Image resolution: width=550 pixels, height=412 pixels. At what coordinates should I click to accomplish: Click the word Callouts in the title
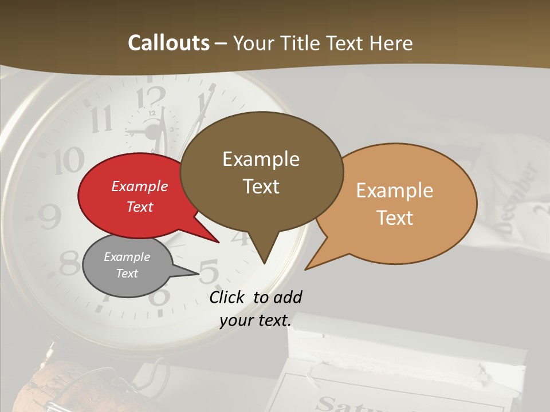pyautogui.click(x=168, y=43)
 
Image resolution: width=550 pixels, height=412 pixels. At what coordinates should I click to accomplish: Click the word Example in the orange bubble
pyautogui.click(x=395, y=191)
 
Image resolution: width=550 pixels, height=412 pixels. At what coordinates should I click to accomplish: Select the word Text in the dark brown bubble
pyautogui.click(x=261, y=187)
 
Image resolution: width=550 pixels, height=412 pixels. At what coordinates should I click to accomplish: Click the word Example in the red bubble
pyautogui.click(x=139, y=186)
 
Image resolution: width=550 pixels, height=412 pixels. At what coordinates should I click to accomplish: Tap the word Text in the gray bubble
pyautogui.click(x=127, y=274)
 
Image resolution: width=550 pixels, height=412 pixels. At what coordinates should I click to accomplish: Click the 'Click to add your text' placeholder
pyautogui.click(x=256, y=309)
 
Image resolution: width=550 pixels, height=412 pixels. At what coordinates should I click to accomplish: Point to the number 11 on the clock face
pyautogui.click(x=101, y=119)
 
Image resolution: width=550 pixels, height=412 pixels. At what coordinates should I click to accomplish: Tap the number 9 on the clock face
pyautogui.click(x=50, y=216)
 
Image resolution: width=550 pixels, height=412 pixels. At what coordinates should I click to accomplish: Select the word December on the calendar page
pyautogui.click(x=518, y=197)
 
